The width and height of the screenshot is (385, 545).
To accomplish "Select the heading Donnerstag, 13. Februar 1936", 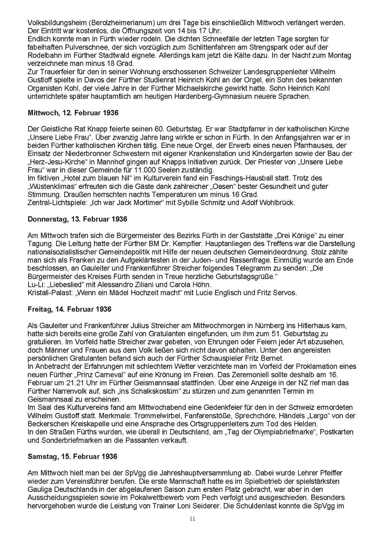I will pyautogui.click(x=77, y=219).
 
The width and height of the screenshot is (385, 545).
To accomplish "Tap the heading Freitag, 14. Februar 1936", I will pyautogui.click(x=70, y=309).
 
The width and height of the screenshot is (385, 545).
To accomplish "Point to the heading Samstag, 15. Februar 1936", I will pyautogui.click(x=73, y=457).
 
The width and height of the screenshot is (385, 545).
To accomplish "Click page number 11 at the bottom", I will pyautogui.click(x=192, y=519).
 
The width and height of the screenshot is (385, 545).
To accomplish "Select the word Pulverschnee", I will pyautogui.click(x=79, y=47).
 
